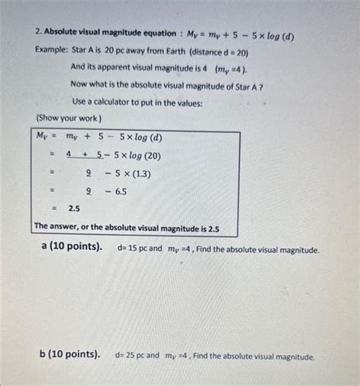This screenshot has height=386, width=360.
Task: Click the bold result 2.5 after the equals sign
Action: pos(74,207)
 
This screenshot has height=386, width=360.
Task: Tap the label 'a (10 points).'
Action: pos(73,248)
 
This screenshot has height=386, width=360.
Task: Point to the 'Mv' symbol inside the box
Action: pos(43,137)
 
